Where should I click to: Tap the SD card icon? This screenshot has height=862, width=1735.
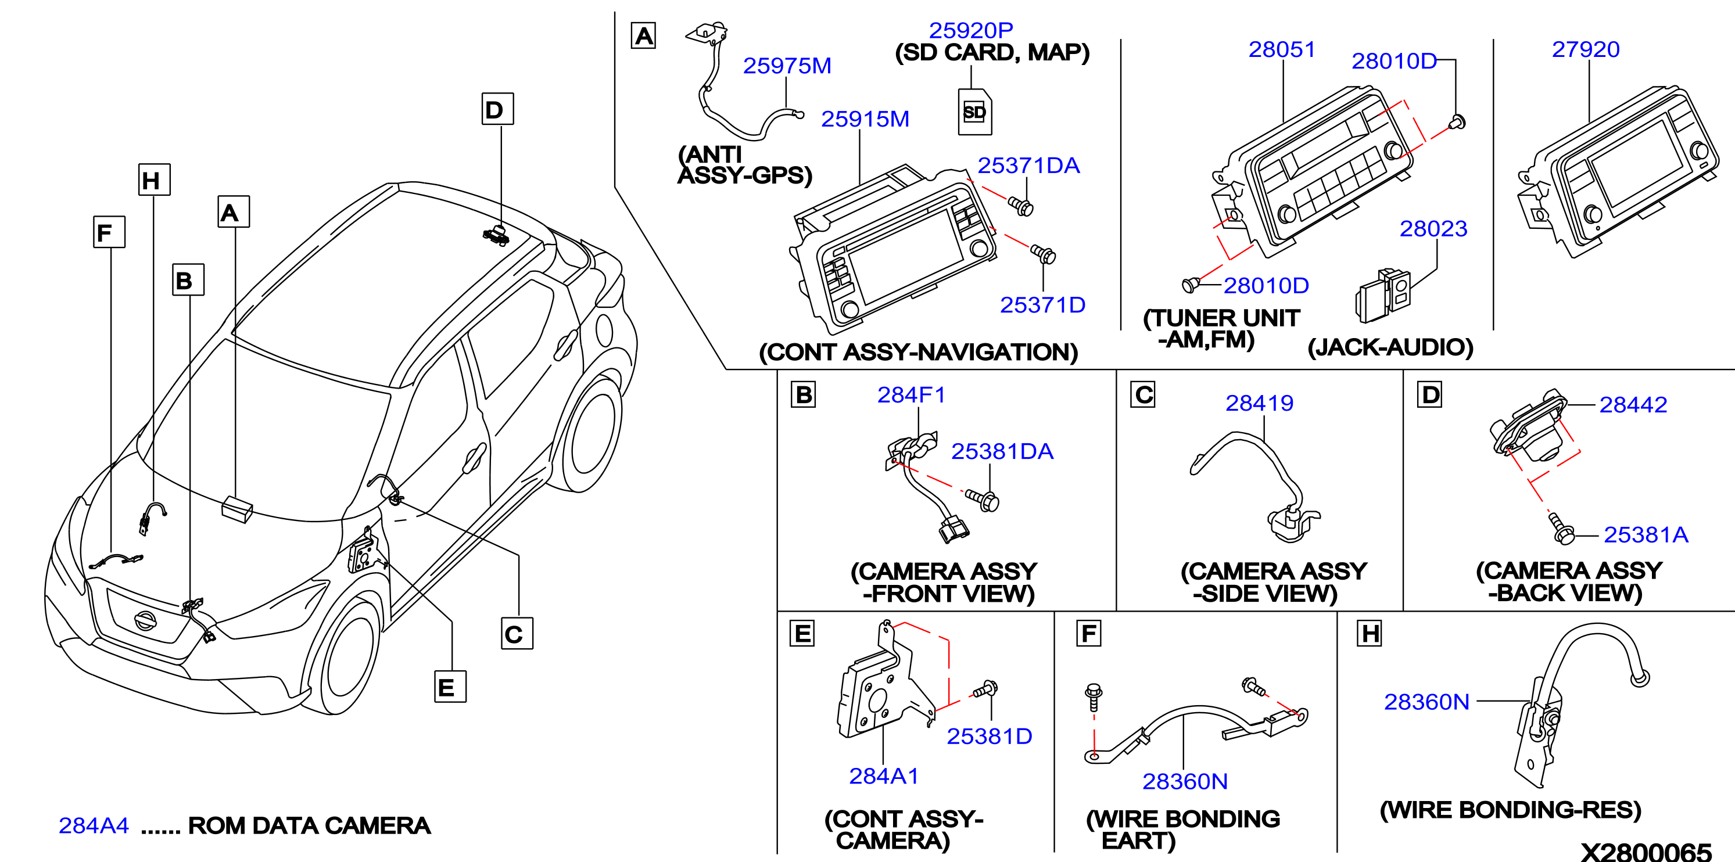974,111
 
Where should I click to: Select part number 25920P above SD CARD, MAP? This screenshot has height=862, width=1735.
970,30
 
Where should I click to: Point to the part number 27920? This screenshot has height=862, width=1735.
1586,49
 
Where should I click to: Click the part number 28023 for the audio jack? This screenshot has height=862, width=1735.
1433,229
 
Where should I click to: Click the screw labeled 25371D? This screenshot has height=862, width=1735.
1044,254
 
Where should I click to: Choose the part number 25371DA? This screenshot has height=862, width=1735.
1028,166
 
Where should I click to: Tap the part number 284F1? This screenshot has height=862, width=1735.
911,394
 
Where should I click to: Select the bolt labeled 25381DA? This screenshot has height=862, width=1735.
983,500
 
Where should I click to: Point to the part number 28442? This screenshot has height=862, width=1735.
1633,405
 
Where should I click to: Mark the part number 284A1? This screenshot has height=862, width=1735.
884,777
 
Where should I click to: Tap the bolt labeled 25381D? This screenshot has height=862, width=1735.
985,689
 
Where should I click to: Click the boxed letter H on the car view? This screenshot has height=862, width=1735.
154,180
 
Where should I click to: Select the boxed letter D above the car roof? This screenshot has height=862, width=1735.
499,109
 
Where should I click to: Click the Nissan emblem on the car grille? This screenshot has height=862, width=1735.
145,620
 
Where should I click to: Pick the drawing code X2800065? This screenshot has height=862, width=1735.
1646,850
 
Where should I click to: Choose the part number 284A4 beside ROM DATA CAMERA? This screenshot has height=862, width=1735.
94,825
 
